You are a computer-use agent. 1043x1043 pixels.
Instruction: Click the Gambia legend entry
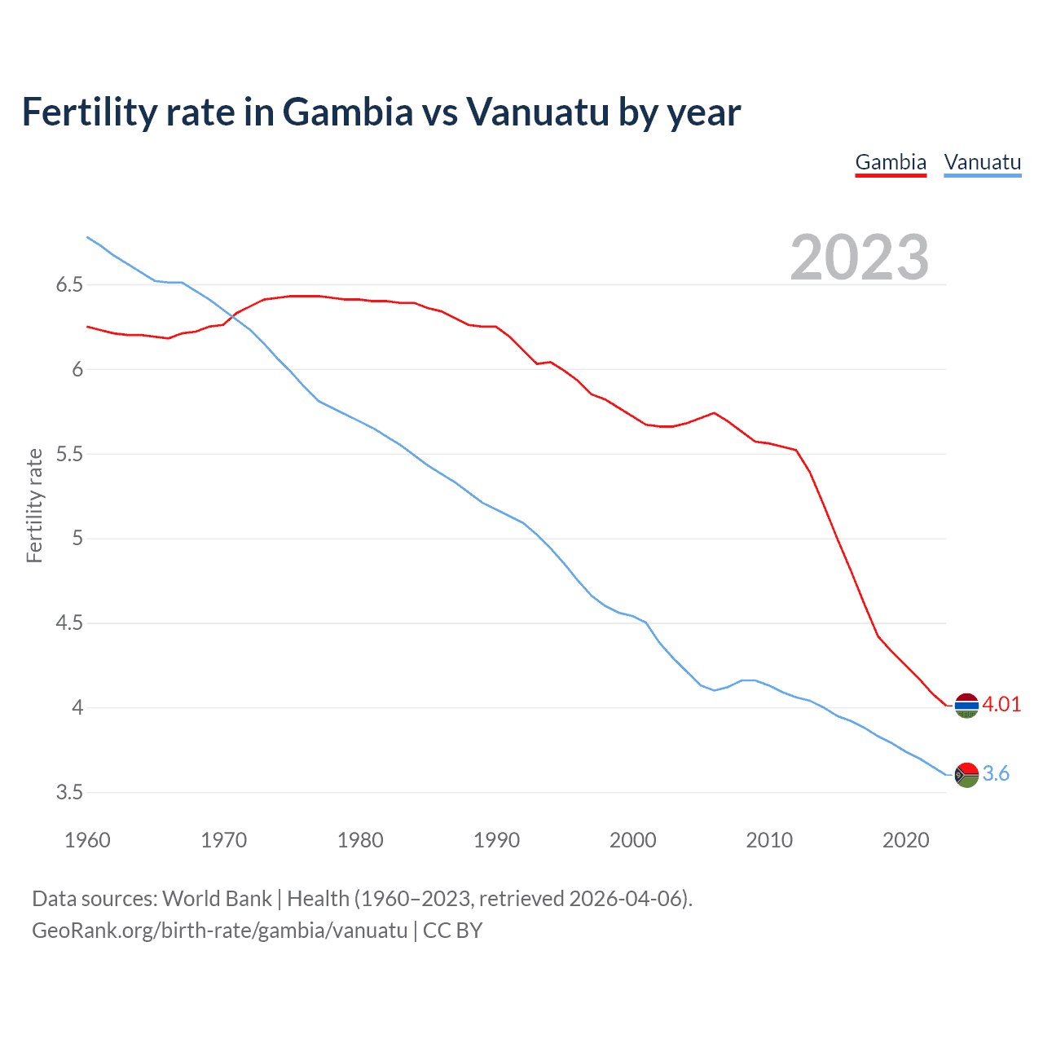(x=891, y=162)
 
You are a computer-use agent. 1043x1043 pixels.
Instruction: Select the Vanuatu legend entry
(x=982, y=162)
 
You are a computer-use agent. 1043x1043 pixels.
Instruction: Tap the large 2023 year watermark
(x=860, y=257)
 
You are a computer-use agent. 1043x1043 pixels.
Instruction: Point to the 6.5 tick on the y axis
(x=69, y=285)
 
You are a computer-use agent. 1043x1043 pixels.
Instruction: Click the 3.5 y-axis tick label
(x=69, y=792)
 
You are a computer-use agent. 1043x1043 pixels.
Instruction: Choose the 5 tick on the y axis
(x=77, y=539)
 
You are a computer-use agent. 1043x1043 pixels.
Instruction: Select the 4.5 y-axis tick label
(x=69, y=623)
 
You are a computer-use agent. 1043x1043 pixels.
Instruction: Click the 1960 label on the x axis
(x=87, y=840)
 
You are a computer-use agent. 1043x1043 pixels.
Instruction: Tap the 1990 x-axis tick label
(x=496, y=840)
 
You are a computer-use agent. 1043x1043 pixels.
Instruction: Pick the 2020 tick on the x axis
(x=905, y=840)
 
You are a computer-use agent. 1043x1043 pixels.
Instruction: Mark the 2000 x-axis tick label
(x=632, y=840)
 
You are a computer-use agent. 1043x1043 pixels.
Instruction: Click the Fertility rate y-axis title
(x=34, y=505)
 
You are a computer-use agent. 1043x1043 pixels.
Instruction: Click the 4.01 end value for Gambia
(x=1001, y=704)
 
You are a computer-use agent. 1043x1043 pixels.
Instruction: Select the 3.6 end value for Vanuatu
(x=996, y=773)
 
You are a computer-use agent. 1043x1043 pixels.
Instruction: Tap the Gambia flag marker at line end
(x=966, y=706)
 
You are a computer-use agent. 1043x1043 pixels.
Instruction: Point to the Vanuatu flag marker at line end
(x=966, y=775)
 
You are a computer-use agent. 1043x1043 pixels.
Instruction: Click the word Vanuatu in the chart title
(x=537, y=112)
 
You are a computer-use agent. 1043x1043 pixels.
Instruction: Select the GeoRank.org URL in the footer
(x=219, y=930)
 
